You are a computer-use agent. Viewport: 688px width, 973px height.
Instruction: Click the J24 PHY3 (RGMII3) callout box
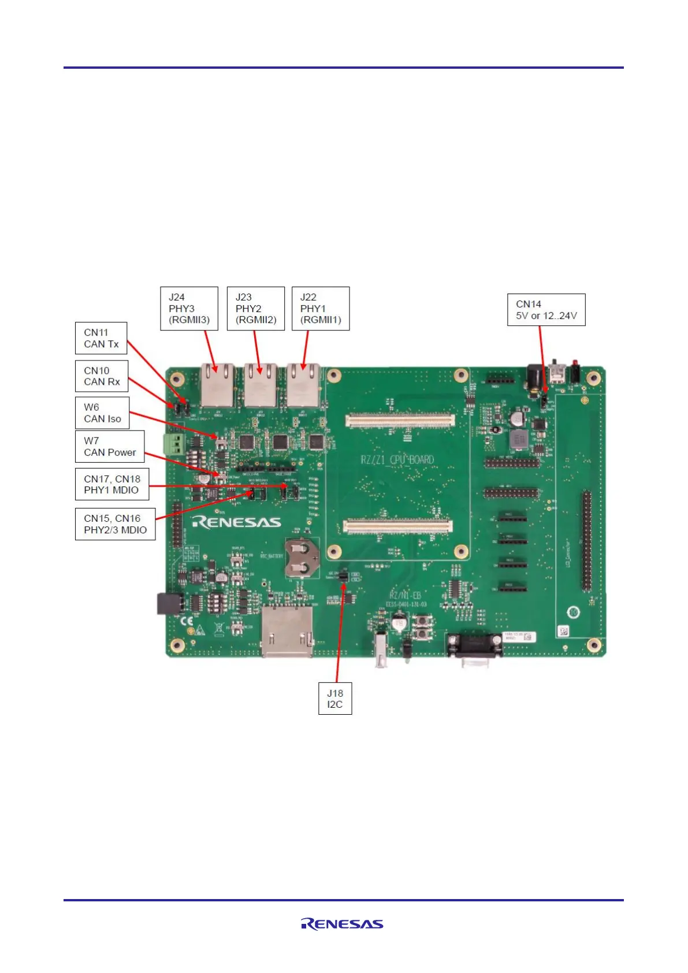coord(189,309)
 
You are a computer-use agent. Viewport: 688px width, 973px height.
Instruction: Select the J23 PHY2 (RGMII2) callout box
coord(256,309)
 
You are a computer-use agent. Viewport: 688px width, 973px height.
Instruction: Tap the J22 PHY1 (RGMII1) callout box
coord(321,309)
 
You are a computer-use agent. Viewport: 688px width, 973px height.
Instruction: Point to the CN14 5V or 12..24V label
coord(546,310)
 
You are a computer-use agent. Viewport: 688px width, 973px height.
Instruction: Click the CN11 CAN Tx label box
coord(101,338)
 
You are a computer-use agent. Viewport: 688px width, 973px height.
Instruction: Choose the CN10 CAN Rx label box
coord(102,376)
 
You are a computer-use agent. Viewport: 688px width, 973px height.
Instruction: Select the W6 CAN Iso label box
coord(102,413)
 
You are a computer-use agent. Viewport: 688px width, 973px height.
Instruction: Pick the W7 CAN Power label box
coord(110,447)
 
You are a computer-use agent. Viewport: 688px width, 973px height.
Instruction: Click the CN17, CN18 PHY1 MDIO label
coord(111,484)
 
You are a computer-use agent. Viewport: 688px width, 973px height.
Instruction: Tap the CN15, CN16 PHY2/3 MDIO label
coord(115,524)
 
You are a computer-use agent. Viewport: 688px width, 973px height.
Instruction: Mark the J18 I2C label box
coord(335,699)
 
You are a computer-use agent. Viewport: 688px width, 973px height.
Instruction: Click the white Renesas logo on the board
coord(237,522)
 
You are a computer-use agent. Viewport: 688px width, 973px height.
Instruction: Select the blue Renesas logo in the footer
coord(342,924)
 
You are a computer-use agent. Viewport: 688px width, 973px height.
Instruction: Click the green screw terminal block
coord(175,444)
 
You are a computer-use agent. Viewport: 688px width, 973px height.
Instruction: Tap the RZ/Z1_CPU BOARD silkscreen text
coord(397,460)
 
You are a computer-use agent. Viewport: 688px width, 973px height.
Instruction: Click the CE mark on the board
coord(188,622)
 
